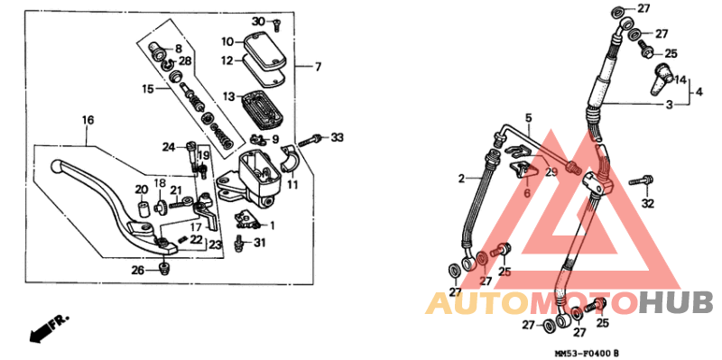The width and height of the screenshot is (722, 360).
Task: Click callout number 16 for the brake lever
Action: coord(88,120)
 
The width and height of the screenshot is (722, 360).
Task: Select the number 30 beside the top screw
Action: coord(257,22)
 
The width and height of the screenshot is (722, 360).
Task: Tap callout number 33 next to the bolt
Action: coord(338,137)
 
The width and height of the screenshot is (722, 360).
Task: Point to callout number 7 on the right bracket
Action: coord(318,67)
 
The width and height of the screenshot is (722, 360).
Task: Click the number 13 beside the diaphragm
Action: coord(229,97)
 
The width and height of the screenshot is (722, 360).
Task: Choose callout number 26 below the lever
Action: coord(136,270)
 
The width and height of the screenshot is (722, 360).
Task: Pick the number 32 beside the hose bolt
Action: coord(647,204)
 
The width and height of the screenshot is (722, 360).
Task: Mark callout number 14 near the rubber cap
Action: coord(681,80)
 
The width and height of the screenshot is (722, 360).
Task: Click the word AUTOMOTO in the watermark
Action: coord(532,303)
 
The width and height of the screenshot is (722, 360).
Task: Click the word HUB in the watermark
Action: coord(677,303)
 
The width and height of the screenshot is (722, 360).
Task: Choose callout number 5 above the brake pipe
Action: coord(530,117)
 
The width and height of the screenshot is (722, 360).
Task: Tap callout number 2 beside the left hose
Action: coord(460,179)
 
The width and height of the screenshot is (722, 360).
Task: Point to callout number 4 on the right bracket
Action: coord(699,91)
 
